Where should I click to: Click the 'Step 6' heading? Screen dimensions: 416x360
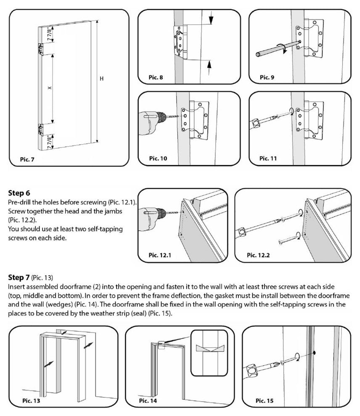tap(19, 193)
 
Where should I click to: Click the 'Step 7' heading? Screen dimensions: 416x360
tap(19, 278)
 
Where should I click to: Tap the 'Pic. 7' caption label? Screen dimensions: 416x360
tap(27, 159)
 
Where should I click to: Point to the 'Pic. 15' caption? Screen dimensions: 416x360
tap(264, 401)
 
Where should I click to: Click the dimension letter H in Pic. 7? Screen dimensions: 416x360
tap(101, 78)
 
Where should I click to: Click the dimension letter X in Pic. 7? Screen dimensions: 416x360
tap(49, 88)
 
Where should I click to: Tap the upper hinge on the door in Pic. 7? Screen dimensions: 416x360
tap(41, 49)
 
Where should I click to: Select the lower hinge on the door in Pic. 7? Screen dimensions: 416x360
tap(41, 129)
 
